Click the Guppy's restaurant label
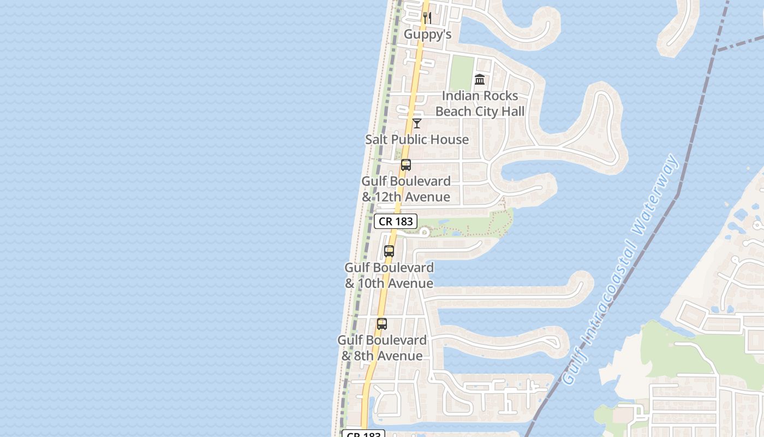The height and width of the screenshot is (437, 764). (427, 34)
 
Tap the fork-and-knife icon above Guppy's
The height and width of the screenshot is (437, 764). (427, 18)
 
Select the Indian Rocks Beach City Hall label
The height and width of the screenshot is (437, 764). (480, 104)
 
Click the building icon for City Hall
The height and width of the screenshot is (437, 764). (480, 80)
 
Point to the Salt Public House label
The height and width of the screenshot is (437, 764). (417, 139)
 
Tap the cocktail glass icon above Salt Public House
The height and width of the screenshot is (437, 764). (417, 123)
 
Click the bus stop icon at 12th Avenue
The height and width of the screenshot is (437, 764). (405, 165)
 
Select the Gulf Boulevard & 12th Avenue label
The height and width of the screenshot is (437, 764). (406, 189)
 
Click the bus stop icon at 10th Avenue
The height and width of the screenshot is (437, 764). (389, 252)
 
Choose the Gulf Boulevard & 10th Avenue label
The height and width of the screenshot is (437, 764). (389, 275)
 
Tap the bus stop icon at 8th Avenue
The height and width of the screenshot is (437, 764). (382, 324)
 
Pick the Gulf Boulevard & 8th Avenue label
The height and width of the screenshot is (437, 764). (382, 348)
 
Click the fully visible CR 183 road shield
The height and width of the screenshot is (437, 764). (396, 221)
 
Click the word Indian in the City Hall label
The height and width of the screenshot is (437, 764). (459, 96)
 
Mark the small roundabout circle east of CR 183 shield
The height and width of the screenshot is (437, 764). (424, 233)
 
